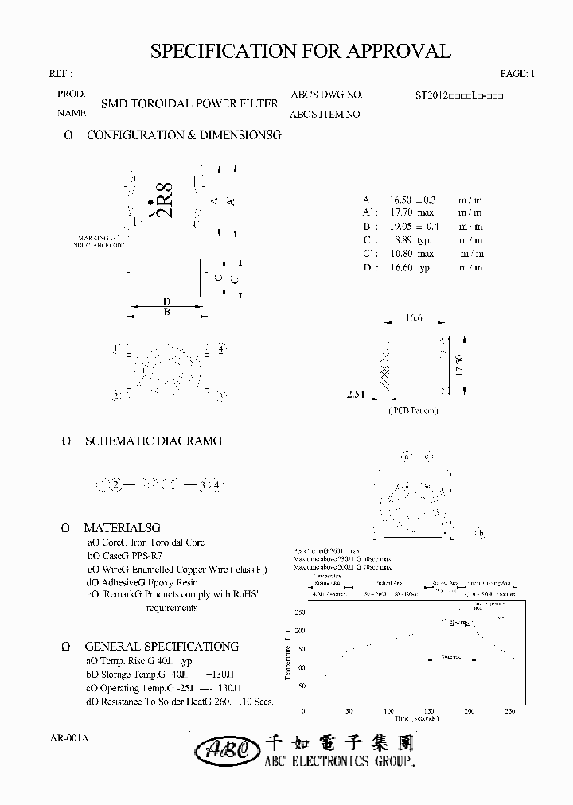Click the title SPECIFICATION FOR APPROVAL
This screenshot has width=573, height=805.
[301, 51]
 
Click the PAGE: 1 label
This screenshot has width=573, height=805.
[517, 73]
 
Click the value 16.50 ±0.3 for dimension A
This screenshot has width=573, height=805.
[413, 199]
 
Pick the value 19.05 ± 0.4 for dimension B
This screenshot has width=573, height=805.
[413, 226]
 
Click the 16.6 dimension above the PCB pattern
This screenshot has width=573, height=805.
[413, 317]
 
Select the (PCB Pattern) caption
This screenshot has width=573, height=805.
[413, 410]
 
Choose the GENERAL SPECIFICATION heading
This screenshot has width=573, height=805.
[162, 647]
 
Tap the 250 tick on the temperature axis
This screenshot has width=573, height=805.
[299, 612]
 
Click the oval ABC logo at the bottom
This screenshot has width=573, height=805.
[227, 749]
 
